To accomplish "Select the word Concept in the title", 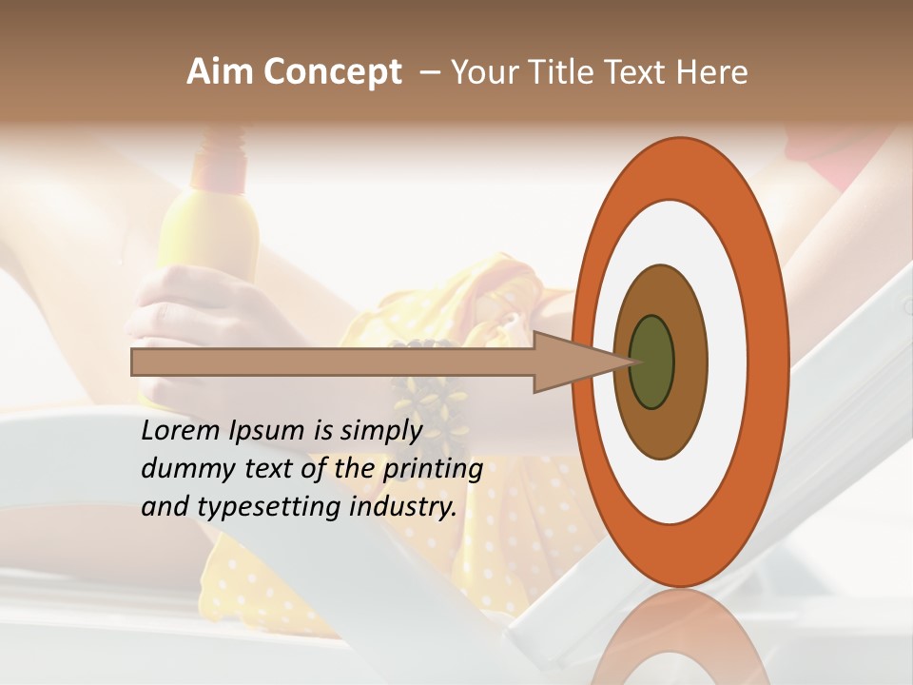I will click(332, 73).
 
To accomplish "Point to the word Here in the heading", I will click(712, 72).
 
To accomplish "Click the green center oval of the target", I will click(651, 362).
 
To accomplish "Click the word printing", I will click(433, 469).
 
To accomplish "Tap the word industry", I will click(403, 507).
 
